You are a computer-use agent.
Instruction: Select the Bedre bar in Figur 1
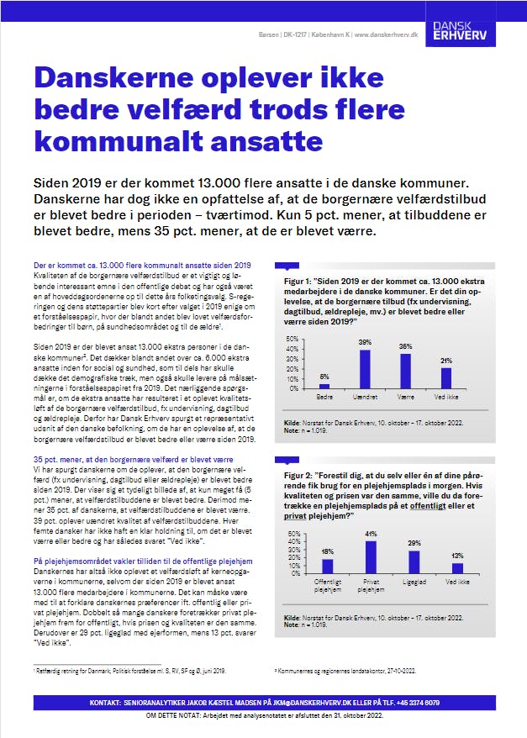324,387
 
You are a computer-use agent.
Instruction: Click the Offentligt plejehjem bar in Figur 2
328,565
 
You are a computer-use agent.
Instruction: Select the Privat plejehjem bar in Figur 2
371,556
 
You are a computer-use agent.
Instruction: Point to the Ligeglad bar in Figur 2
414,561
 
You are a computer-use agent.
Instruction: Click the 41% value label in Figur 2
371,535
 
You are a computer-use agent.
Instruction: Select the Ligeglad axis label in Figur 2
414,582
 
